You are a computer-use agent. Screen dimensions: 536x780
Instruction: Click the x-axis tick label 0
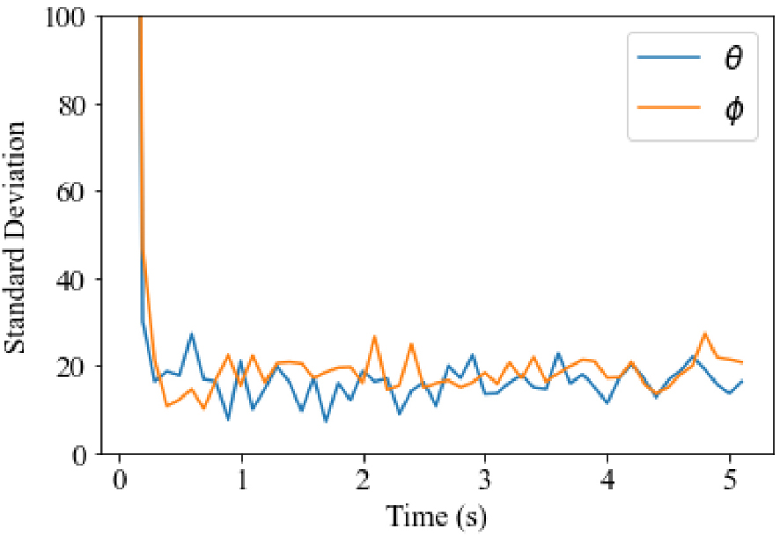(119, 481)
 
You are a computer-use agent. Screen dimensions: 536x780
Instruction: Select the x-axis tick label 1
(240, 481)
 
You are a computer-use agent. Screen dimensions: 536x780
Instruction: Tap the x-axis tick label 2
(363, 481)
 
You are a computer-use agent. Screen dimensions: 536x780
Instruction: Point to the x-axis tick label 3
(485, 481)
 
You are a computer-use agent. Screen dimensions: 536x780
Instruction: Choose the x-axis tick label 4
(607, 481)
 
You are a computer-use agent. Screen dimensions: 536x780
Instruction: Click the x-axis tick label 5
(729, 481)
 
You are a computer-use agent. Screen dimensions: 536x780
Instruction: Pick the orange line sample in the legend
(670, 108)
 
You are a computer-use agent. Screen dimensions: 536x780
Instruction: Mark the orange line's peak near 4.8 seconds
(705, 333)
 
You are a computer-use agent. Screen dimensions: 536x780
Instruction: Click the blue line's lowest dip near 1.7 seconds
(326, 421)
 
